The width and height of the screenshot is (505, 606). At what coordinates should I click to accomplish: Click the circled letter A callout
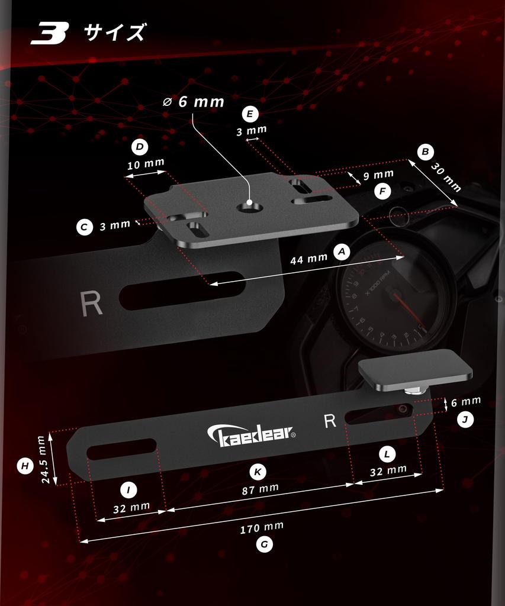click(342, 252)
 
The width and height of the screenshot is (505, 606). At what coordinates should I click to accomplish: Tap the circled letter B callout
click(425, 152)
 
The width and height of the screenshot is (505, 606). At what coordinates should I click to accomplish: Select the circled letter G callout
click(265, 544)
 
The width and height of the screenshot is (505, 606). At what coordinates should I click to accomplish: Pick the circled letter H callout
click(25, 466)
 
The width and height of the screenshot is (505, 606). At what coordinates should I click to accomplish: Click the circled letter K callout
click(258, 472)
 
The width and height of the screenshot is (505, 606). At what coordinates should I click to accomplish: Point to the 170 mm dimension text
click(262, 527)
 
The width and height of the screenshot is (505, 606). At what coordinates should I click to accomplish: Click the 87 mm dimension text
click(260, 489)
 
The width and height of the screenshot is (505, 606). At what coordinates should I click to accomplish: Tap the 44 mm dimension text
click(308, 259)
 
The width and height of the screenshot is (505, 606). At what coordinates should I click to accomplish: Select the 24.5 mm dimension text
click(46, 459)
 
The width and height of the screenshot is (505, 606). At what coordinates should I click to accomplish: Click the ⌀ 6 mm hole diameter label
click(194, 102)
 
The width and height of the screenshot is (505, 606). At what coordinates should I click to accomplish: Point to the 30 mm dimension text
click(446, 178)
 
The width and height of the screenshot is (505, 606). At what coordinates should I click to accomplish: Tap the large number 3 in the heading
click(50, 33)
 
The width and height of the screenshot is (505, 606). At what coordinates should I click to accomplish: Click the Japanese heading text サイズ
click(115, 32)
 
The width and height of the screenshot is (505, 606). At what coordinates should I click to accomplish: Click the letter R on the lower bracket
click(330, 421)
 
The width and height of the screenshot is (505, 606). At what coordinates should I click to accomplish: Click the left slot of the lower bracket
click(121, 449)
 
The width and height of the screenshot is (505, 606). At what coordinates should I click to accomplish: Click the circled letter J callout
click(465, 420)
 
